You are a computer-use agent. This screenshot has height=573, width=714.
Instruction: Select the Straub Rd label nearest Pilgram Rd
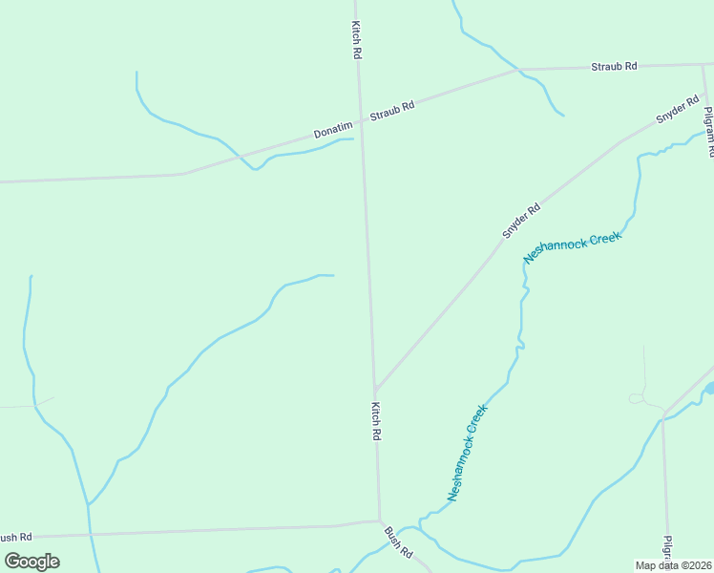click(614, 66)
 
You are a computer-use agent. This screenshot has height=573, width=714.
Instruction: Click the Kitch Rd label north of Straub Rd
click(356, 41)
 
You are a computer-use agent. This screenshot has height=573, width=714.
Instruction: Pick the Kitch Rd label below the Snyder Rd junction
click(376, 420)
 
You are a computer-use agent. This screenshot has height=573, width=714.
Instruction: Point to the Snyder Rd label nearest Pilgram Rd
click(678, 111)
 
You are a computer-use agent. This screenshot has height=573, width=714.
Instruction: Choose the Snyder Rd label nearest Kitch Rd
click(522, 221)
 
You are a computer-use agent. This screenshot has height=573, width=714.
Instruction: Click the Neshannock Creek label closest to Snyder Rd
click(573, 246)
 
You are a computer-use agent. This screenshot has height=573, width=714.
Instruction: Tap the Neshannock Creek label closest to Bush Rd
click(468, 453)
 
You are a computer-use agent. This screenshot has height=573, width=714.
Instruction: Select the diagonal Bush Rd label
click(398, 541)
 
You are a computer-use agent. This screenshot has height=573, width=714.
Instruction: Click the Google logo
click(32, 561)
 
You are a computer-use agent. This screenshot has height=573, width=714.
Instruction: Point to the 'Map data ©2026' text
click(674, 565)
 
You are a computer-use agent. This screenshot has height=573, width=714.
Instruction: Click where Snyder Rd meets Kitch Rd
click(376, 390)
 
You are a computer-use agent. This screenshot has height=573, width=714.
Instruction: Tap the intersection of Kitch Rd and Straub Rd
click(361, 121)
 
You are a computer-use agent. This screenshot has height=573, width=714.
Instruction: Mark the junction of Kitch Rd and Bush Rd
click(379, 521)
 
